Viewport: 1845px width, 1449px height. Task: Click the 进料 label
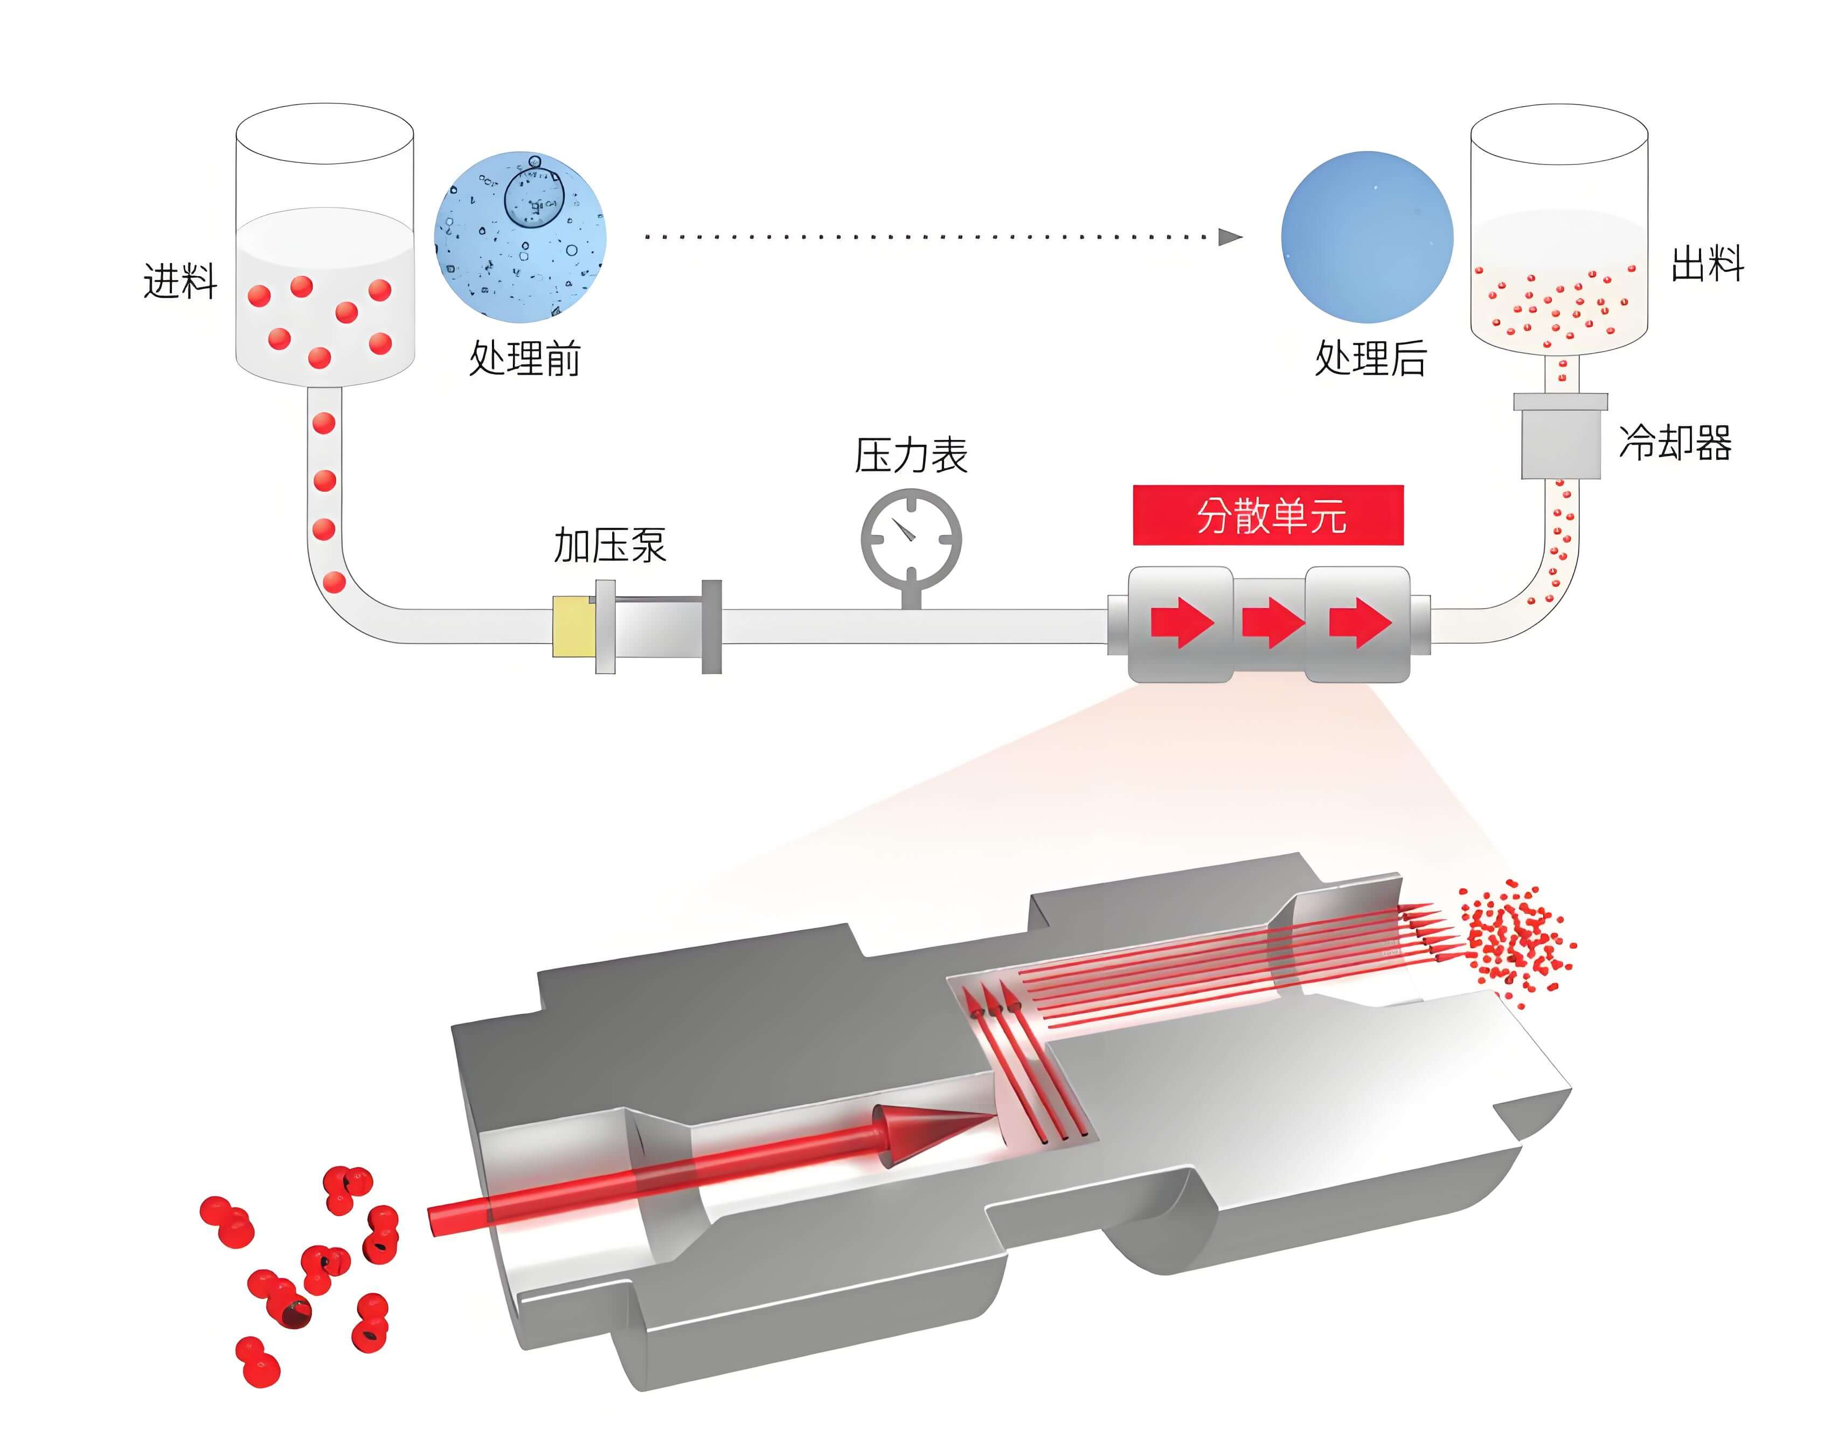tap(180, 280)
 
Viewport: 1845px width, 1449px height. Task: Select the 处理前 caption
tap(525, 357)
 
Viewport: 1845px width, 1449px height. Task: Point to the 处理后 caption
tap(1370, 357)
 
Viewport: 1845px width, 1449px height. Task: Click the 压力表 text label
tap(911, 456)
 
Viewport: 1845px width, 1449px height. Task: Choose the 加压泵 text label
tap(609, 544)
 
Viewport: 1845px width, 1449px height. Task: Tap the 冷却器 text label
tap(1675, 442)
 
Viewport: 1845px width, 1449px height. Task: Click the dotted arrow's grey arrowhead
tap(1230, 237)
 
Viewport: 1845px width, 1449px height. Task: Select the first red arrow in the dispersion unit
tap(1182, 623)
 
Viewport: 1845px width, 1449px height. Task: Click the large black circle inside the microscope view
tap(534, 198)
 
